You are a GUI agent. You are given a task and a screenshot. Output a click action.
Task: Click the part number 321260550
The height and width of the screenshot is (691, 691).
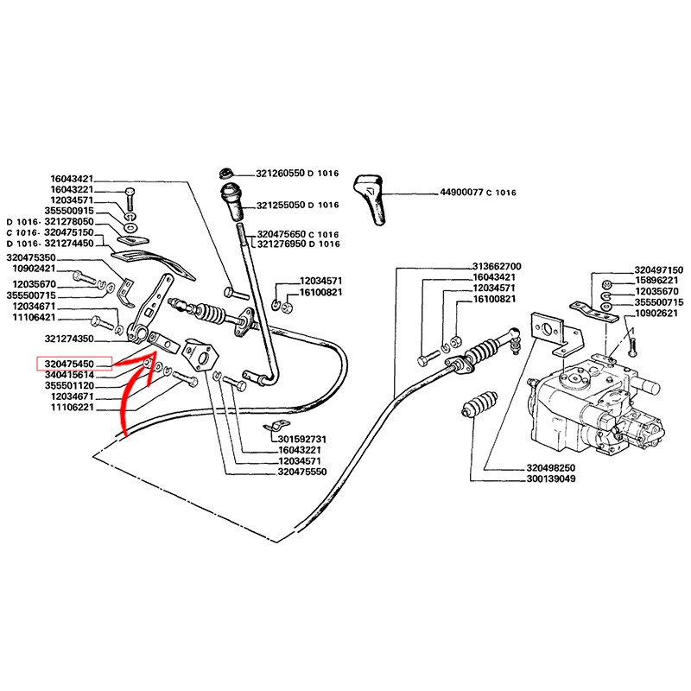click(x=280, y=173)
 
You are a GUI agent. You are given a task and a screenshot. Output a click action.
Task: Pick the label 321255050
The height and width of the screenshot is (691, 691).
click(x=280, y=206)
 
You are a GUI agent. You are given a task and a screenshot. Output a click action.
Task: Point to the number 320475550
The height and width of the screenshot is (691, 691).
click(x=303, y=473)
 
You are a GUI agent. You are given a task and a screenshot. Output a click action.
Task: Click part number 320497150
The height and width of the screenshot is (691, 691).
click(x=658, y=269)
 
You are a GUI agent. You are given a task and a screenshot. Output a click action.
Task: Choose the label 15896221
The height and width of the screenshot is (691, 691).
click(x=658, y=281)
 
